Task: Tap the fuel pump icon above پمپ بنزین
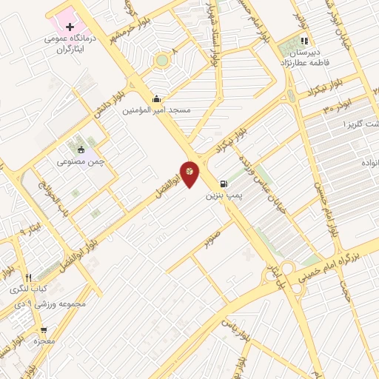[x=223, y=184]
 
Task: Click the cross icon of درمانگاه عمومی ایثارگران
[x=70, y=27]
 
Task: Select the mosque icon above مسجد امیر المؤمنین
[x=156, y=98]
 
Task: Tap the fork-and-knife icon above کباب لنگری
[x=28, y=277]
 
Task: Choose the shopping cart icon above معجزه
[x=44, y=330]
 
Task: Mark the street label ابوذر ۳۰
[x=337, y=108]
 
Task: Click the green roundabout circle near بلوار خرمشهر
[x=161, y=60]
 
